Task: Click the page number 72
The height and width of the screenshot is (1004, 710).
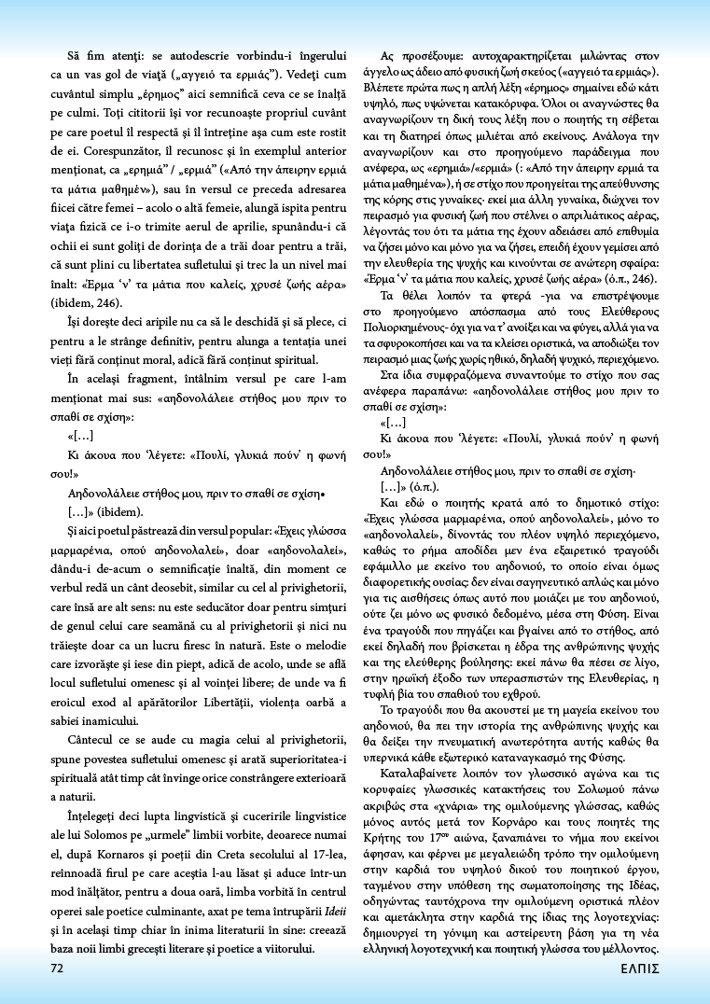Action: coord(57,968)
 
